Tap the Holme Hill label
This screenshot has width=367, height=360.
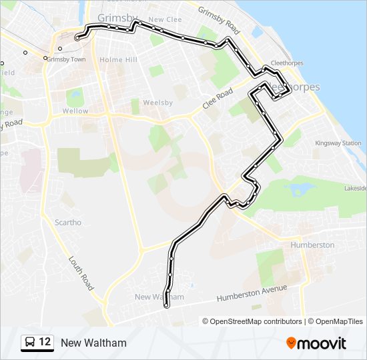118,60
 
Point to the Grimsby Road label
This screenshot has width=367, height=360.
218,21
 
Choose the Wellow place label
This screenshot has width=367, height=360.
75,111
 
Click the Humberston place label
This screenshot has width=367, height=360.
312,245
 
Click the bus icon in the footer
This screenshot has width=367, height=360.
30,343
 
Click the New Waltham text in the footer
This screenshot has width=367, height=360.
93,343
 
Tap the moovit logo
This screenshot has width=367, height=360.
316,343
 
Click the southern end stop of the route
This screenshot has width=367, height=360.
165,305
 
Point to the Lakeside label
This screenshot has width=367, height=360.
355,189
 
